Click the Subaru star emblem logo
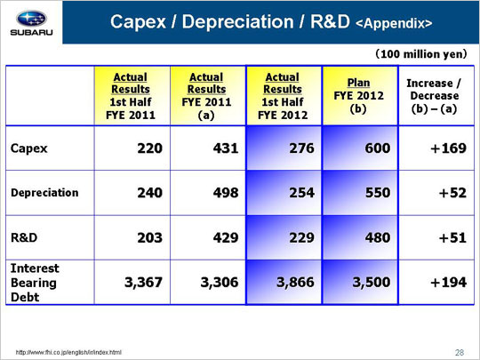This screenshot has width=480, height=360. click(x=31, y=19)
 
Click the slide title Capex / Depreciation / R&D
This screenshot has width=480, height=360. click(x=230, y=21)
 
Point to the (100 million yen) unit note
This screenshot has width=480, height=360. click(x=421, y=54)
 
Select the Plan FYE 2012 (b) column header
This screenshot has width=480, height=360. click(x=358, y=95)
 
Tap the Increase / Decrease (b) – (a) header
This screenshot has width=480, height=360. click(x=434, y=96)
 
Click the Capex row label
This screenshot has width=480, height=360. click(x=29, y=148)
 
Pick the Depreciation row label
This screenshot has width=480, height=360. click(x=44, y=193)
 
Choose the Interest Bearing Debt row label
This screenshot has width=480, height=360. click(x=35, y=283)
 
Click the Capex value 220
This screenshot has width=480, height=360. click(x=149, y=148)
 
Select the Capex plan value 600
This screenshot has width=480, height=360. click(x=378, y=148)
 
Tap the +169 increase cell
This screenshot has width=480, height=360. click(x=449, y=148)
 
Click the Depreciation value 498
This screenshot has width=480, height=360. click(x=226, y=193)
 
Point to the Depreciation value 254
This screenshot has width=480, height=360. click(x=302, y=193)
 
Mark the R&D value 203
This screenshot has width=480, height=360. click(x=149, y=238)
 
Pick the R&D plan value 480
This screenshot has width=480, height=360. click(x=378, y=238)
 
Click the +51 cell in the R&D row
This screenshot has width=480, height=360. click(x=452, y=238)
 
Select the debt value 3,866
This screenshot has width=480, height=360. click(x=295, y=283)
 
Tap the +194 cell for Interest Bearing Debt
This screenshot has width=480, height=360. click(x=449, y=283)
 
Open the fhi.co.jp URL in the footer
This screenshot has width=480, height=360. click(x=68, y=352)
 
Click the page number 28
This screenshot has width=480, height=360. click(x=460, y=353)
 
